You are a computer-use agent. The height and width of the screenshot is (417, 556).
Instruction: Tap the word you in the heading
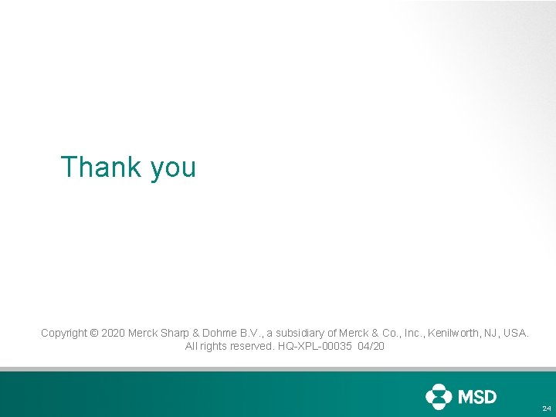(173, 168)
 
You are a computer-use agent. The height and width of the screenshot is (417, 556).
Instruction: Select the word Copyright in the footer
(64, 334)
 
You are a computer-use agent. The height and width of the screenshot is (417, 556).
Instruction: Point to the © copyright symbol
(94, 334)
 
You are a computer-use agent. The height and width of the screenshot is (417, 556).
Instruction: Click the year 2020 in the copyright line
(113, 334)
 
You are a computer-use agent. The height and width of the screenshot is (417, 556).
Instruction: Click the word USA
(517, 334)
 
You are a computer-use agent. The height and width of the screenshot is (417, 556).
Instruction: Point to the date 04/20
(371, 347)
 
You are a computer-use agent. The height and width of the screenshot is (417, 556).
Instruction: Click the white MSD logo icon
(439, 397)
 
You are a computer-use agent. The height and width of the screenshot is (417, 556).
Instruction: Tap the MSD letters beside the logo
(478, 397)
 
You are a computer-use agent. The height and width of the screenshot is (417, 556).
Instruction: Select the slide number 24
(546, 408)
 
